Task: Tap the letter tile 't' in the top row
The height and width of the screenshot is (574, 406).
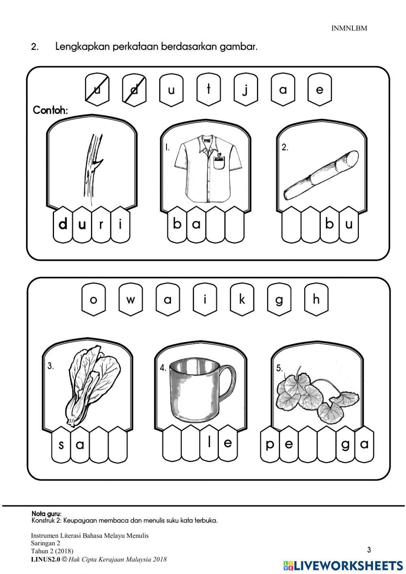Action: tap(209, 90)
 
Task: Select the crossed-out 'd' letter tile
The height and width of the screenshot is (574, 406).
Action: tap(134, 90)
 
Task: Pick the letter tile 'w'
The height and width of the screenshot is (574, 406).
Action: tap(131, 299)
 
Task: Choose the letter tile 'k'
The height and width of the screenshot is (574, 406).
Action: tap(242, 299)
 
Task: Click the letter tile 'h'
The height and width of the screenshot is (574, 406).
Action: tap(316, 299)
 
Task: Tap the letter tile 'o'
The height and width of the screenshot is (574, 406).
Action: tap(93, 299)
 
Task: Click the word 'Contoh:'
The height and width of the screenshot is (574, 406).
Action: tap(50, 110)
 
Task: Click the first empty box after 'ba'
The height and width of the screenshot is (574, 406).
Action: tap(216, 225)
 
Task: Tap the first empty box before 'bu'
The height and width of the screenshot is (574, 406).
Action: tap(291, 225)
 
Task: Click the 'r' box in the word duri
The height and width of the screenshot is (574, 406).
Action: tap(101, 225)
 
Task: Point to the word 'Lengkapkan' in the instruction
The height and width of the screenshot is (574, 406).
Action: tap(82, 47)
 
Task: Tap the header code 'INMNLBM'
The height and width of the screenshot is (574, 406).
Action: tap(349, 28)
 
